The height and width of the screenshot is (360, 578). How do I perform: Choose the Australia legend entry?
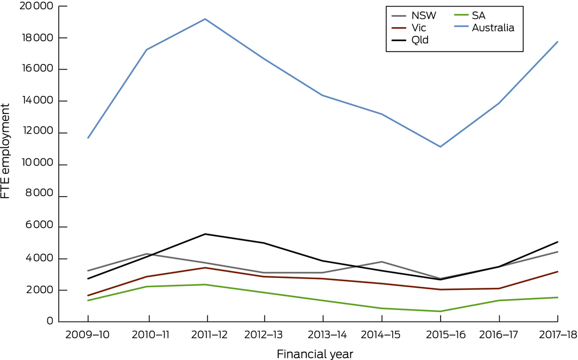(493, 27)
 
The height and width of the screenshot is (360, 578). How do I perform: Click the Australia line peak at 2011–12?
(205, 19)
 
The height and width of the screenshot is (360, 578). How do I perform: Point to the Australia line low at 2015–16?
(440, 147)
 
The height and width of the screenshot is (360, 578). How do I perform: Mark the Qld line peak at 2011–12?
(205, 234)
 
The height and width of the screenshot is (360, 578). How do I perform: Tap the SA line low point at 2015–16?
(440, 311)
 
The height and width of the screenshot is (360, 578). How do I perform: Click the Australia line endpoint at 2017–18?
(557, 42)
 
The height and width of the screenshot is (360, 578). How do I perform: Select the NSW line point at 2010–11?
(147, 254)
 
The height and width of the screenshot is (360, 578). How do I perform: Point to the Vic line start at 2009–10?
(88, 296)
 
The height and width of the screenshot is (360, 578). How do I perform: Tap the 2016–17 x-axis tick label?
(499, 335)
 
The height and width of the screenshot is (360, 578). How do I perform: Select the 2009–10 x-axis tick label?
(88, 335)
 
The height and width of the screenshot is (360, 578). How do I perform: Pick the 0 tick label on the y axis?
(50, 321)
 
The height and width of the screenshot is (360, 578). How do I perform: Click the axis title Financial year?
(315, 354)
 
